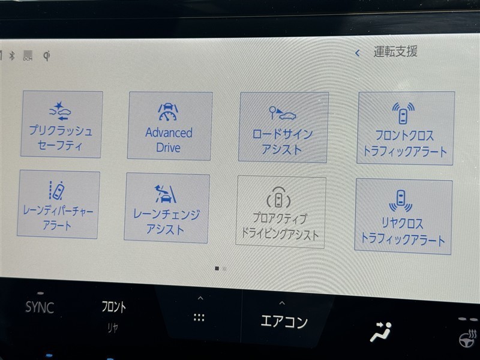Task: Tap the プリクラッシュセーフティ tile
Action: (x=62, y=124)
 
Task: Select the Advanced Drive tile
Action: (x=169, y=126)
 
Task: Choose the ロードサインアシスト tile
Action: (x=283, y=127)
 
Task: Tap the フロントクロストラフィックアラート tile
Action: (x=406, y=128)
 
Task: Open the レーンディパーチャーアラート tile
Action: (x=58, y=205)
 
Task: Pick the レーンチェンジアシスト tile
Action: (x=167, y=208)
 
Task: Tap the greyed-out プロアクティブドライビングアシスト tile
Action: (x=280, y=212)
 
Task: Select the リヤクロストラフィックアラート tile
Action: (x=403, y=217)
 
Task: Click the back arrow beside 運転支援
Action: (x=357, y=53)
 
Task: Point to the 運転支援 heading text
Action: (x=395, y=52)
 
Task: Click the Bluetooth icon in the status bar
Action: (x=12, y=55)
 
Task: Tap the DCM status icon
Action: (x=28, y=55)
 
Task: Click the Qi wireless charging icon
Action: (x=47, y=56)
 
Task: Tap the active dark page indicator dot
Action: (x=217, y=268)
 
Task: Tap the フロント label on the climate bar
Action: (x=113, y=307)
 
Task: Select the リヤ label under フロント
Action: (x=112, y=328)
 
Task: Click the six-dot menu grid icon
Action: (x=199, y=317)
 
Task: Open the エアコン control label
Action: (x=284, y=322)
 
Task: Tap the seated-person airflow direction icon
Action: (x=381, y=332)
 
